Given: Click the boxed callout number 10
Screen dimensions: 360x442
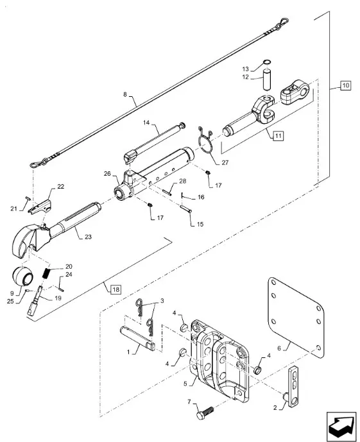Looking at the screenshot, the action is (346, 85).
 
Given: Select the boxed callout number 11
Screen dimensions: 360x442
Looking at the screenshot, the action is (279, 136).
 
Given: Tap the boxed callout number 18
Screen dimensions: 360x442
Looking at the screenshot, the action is (116, 289).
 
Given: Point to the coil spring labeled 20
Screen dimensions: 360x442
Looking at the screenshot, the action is (48, 273).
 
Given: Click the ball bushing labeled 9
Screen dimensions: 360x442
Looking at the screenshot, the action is (23, 276).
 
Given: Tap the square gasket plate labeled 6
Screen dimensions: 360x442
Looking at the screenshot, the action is (295, 318).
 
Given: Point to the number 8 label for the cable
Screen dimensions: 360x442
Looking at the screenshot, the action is (125, 94).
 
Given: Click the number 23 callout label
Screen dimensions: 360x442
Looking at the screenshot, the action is (88, 237).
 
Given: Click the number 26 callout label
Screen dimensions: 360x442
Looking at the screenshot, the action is (107, 174).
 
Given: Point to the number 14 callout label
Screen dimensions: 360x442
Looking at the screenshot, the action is (146, 123).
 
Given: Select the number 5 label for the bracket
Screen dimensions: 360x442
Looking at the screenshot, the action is (185, 384).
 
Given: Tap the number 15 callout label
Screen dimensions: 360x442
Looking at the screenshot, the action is (200, 225).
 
